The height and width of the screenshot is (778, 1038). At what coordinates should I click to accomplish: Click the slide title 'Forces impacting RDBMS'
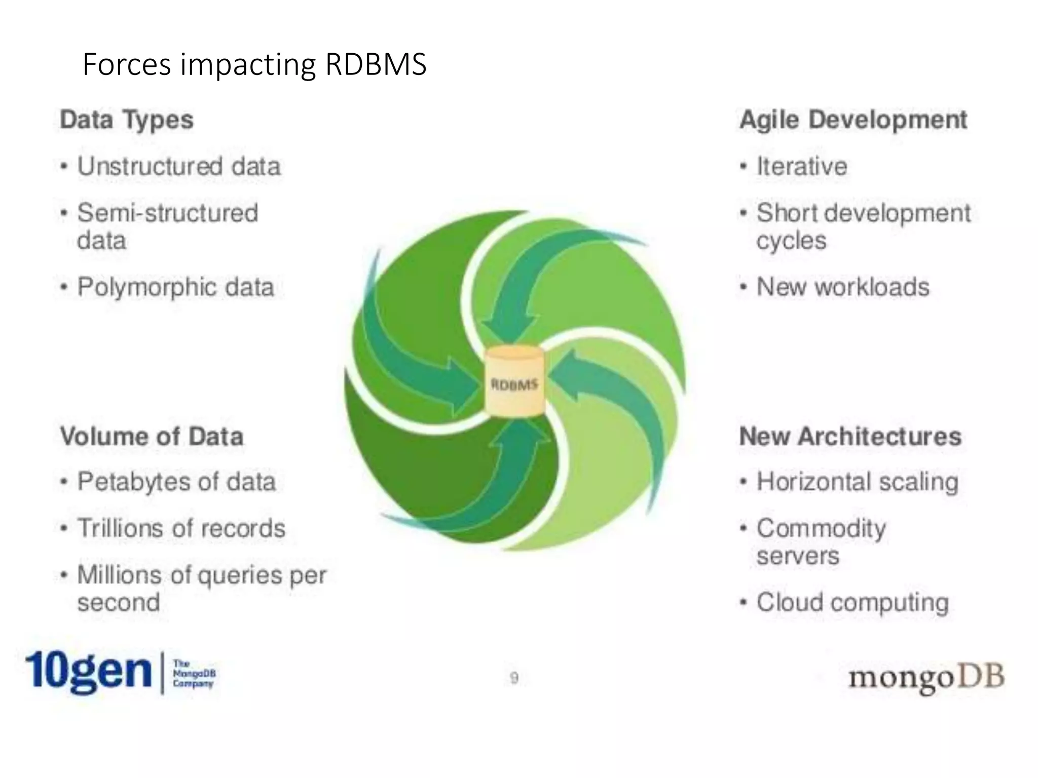pyautogui.click(x=254, y=65)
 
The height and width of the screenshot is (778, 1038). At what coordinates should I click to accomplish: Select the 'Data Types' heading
pyautogui.click(x=127, y=120)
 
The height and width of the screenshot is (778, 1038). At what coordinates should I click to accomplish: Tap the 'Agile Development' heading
pyautogui.click(x=853, y=120)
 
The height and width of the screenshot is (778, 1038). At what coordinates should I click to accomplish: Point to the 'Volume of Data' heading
pyautogui.click(x=152, y=436)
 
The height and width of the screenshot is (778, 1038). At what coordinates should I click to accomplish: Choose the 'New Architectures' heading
pyautogui.click(x=850, y=436)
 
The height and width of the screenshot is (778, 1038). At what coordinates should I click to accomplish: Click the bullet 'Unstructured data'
pyautogui.click(x=178, y=167)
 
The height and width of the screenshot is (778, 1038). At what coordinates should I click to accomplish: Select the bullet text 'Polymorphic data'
pyautogui.click(x=175, y=287)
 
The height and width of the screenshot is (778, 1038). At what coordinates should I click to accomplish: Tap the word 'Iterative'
pyautogui.click(x=801, y=167)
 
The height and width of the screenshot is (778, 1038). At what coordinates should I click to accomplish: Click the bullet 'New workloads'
pyautogui.click(x=843, y=287)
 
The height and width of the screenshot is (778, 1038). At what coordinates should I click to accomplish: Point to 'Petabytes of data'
pyautogui.click(x=176, y=482)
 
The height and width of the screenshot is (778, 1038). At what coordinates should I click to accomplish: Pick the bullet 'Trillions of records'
pyautogui.click(x=181, y=528)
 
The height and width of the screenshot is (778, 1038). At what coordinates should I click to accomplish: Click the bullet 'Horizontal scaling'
pyautogui.click(x=857, y=482)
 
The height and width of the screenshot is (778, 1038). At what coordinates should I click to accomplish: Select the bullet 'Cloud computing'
pyautogui.click(x=852, y=603)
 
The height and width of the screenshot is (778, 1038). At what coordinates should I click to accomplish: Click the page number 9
pyautogui.click(x=514, y=678)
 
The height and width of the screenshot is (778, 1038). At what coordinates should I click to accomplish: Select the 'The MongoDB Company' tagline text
pyautogui.click(x=194, y=673)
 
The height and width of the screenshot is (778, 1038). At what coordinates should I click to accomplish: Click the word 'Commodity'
pyautogui.click(x=821, y=528)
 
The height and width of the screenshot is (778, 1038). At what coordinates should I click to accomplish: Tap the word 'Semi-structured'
pyautogui.click(x=167, y=213)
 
